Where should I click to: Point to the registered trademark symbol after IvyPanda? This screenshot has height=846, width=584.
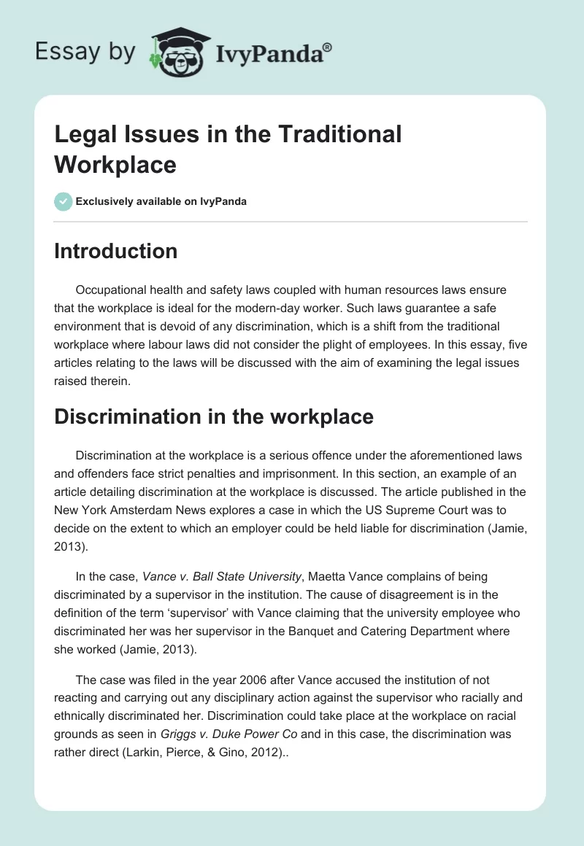point(328,48)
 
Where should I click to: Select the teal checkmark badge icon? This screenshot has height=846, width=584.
point(64,201)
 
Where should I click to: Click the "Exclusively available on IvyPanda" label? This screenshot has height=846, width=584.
point(161,201)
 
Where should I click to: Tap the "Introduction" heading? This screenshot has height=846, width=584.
point(116,251)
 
